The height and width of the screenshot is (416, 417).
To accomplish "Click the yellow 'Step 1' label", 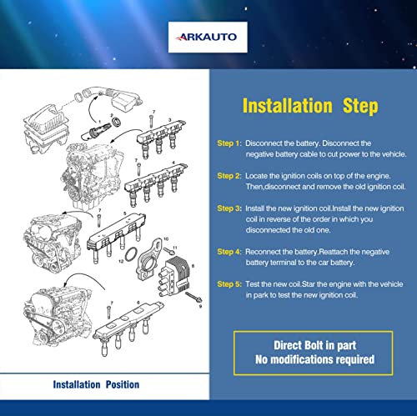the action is (229, 143).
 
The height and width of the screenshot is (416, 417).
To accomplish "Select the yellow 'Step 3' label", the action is (229, 208).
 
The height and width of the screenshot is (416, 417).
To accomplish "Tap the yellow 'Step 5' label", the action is (229, 284).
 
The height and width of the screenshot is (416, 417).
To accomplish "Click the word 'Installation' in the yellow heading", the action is (288, 106).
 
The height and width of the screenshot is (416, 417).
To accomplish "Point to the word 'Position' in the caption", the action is (123, 384).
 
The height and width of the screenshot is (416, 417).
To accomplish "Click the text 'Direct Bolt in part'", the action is (314, 345).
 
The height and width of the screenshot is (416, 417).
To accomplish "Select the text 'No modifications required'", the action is (314, 359).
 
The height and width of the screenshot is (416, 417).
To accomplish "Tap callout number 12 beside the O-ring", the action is (121, 261).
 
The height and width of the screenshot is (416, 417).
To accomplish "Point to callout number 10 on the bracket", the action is (166, 238).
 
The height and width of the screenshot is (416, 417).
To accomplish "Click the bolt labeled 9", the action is (193, 298).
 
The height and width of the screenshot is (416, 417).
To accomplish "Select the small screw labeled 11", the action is (168, 251).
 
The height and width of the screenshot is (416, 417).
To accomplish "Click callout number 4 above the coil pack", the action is (173, 163).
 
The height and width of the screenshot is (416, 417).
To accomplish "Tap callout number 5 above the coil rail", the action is (125, 213).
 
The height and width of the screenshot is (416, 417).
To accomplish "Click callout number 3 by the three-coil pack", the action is (170, 120).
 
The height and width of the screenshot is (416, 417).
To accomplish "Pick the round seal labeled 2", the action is (116, 122).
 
